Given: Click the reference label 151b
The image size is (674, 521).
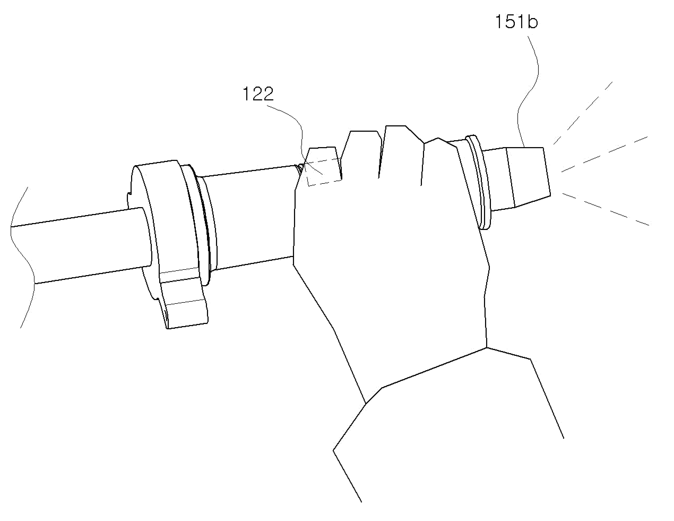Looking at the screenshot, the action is point(517,22).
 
